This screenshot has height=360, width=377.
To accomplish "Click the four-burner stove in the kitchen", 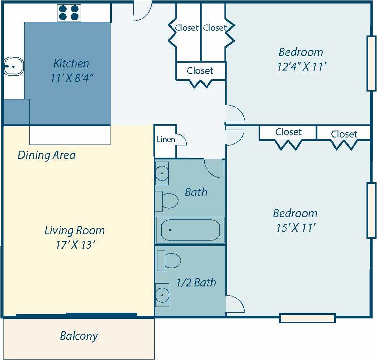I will (69, 13).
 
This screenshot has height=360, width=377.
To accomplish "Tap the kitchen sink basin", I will (13, 67).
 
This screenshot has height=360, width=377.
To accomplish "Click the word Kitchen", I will (71, 64).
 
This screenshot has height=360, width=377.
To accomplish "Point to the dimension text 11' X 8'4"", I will (72, 78).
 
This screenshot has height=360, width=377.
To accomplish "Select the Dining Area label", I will (46, 155).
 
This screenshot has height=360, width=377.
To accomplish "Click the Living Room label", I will (75, 230).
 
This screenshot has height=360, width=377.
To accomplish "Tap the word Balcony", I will (79, 336).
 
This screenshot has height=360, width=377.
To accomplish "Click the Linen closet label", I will (166, 140).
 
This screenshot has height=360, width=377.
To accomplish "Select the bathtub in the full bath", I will (190, 230).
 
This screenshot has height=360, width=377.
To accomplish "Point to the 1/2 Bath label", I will (196, 282).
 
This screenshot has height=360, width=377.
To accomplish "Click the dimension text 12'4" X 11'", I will (301, 67).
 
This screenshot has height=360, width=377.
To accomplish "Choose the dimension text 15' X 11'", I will (295, 228).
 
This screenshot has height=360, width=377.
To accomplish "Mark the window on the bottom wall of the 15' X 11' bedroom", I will (307, 318).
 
